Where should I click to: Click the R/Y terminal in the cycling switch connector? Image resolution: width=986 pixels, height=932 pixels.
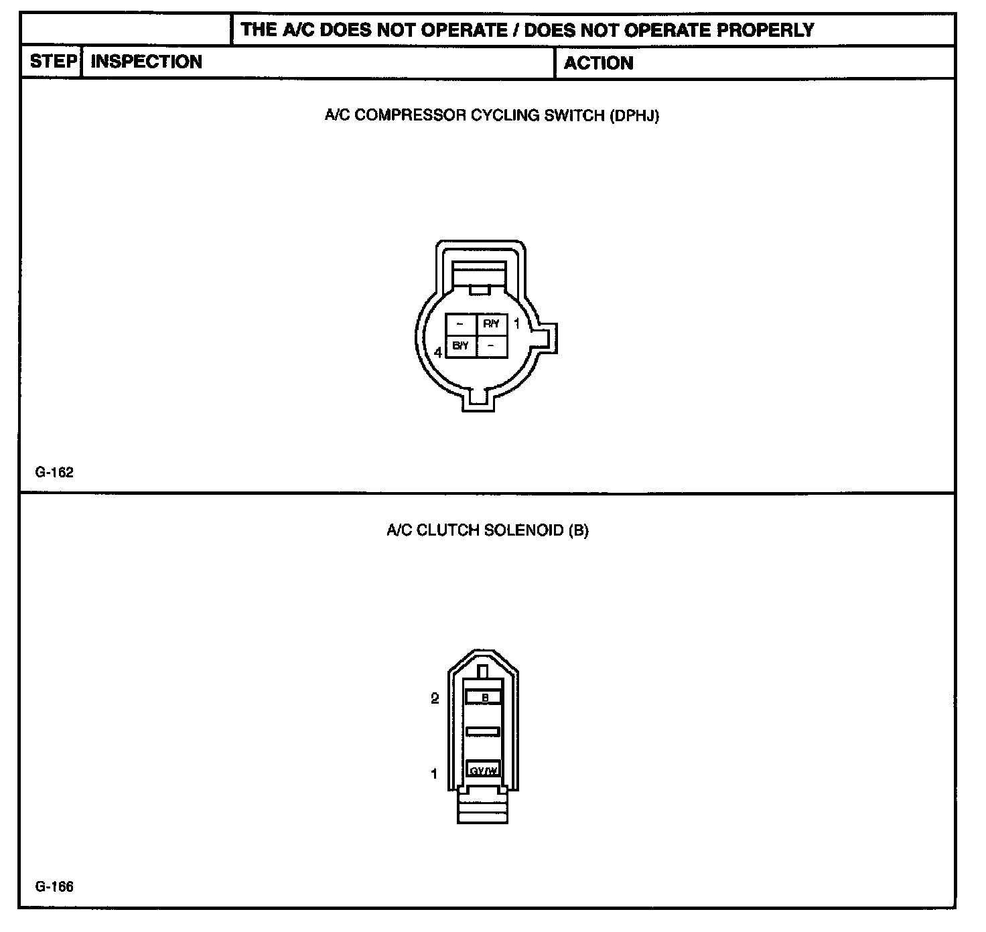coord(491,324)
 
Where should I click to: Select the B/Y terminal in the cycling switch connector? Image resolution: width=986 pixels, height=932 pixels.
coord(461,345)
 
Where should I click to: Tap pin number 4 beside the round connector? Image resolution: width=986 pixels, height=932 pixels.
coord(438,352)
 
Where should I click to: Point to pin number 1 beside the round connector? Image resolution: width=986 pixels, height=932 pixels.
coord(516,324)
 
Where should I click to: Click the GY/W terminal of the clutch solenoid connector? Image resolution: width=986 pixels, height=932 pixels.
coord(483,770)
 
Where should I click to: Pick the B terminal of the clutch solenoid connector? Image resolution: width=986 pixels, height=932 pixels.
coord(484,698)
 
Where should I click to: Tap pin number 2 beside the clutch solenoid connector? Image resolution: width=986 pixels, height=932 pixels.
coord(435,698)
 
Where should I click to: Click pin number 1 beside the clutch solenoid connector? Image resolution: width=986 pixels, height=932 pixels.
coord(434,774)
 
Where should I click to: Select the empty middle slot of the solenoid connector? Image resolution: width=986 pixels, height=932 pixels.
coord(483,732)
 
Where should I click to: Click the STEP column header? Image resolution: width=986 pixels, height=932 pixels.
coord(53,62)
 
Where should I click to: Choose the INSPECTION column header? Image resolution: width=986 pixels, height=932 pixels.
coord(146,62)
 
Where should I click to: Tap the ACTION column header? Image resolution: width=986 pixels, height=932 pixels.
coord(598,63)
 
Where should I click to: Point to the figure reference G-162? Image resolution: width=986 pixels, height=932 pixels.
coord(54,472)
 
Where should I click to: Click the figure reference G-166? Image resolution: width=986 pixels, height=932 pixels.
coord(54,887)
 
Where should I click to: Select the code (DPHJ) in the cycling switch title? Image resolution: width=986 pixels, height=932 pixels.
coord(634,115)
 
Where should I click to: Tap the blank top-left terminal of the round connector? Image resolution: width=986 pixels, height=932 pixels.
coord(461,324)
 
